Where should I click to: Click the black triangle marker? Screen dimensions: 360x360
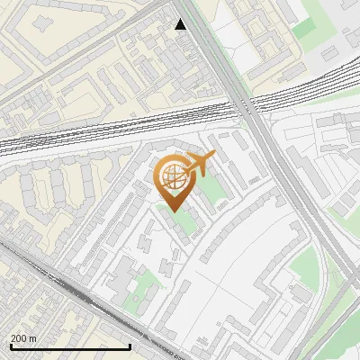coord(181,24)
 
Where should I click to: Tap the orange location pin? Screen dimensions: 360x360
coord(174,180)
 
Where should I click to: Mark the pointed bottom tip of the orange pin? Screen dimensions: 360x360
coord(174,210)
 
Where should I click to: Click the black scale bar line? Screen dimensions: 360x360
coord(70,346)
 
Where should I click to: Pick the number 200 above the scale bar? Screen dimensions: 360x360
coord(18,337)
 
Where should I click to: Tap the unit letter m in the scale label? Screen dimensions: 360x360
coord(32,337)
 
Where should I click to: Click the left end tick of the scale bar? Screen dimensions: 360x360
coord(10,346)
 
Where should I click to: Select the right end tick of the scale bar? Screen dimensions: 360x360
coord(130,346)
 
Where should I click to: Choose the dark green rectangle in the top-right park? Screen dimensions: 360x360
coord(304,27)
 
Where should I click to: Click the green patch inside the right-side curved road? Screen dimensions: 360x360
coord(306,270)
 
